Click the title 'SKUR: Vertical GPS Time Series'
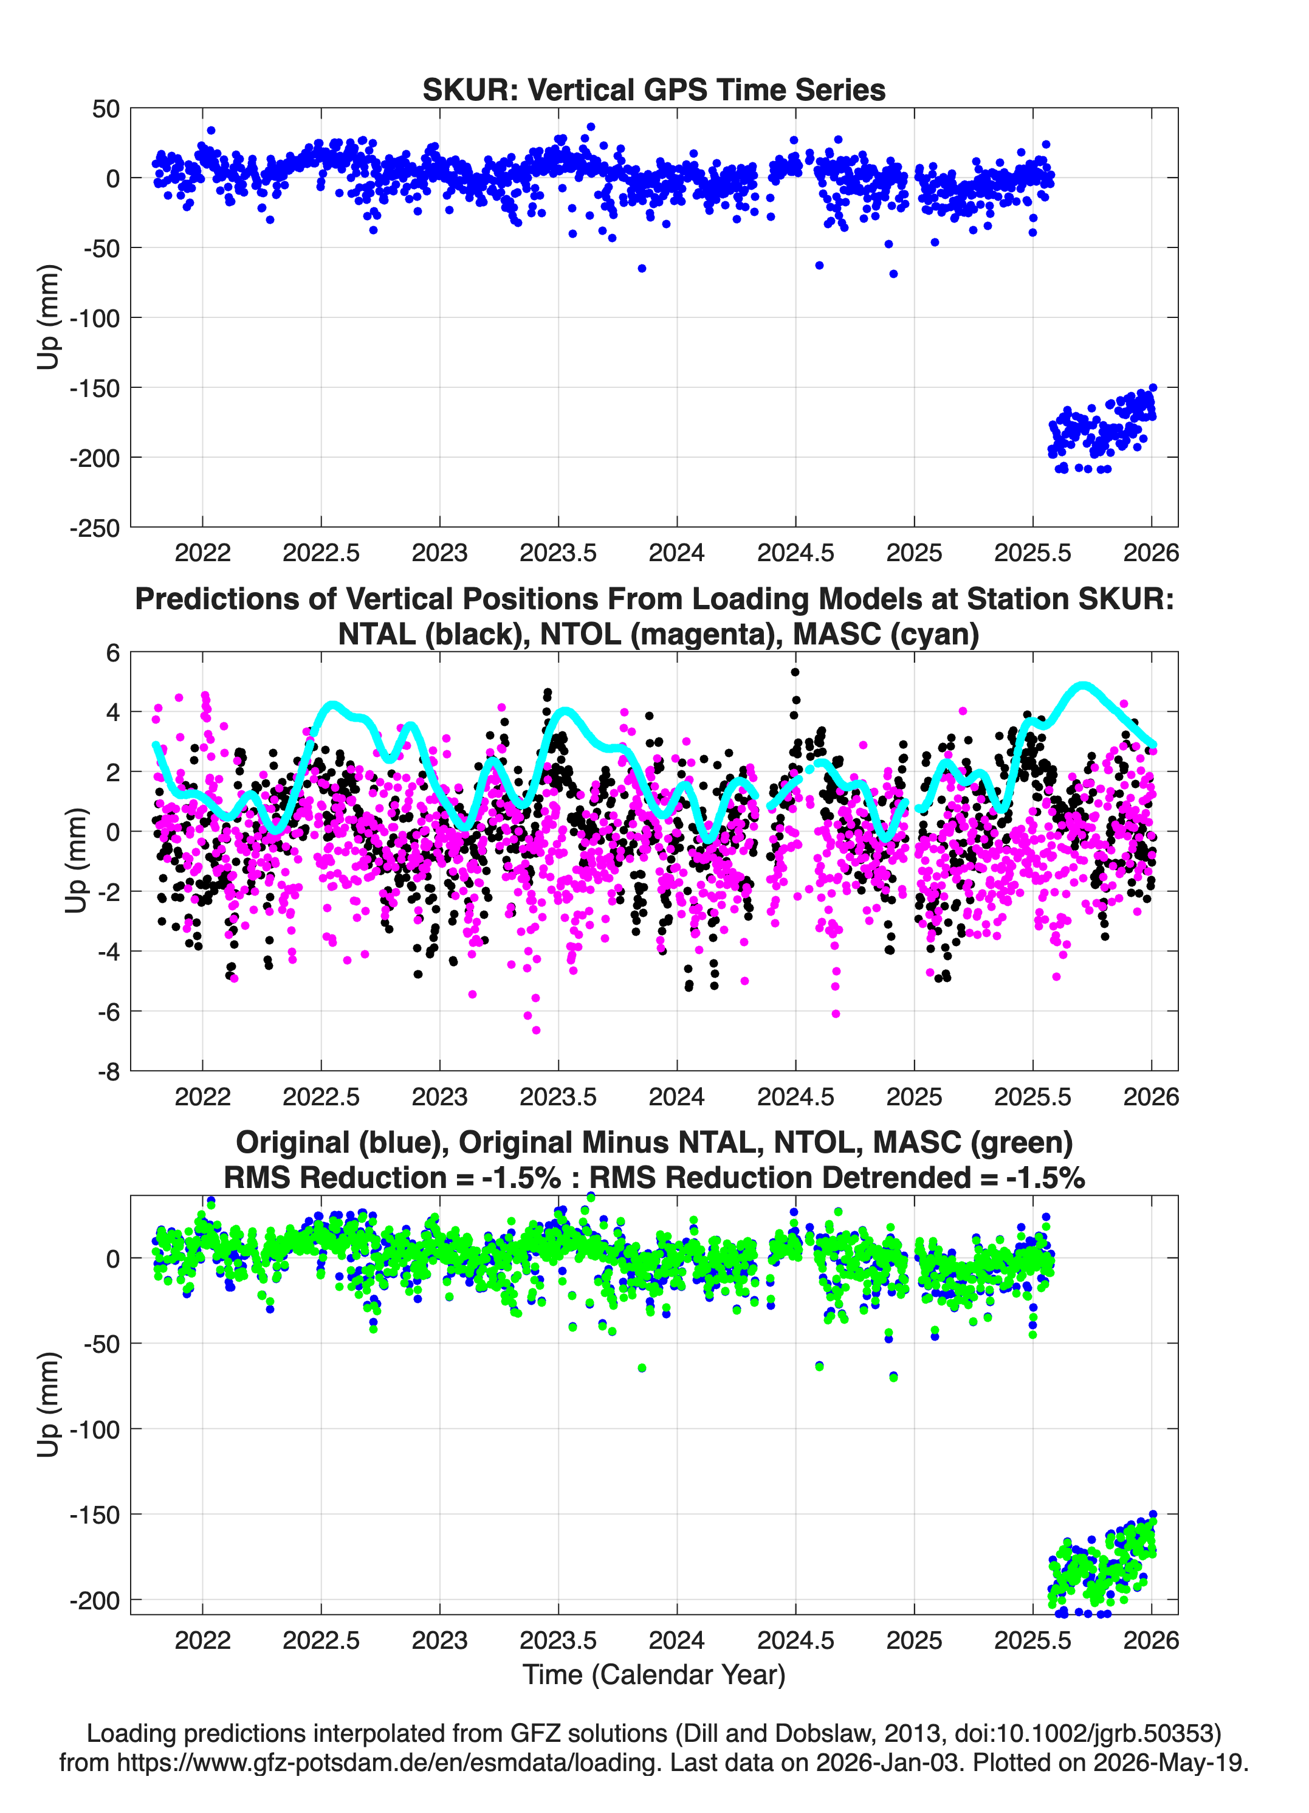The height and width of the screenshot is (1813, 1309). pyautogui.click(x=654, y=89)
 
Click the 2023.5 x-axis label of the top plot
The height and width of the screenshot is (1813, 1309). pyautogui.click(x=558, y=553)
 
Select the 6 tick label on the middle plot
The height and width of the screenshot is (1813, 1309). pyautogui.click(x=112, y=652)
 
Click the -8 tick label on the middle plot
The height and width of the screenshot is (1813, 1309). pyautogui.click(x=109, y=1071)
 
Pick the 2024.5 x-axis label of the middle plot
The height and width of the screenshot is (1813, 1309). pyautogui.click(x=795, y=1096)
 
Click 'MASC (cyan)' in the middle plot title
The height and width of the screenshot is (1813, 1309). pyautogui.click(x=885, y=634)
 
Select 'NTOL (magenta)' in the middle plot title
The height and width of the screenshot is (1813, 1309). pyautogui.click(x=656, y=634)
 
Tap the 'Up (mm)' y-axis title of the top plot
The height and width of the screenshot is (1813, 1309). pyautogui.click(x=48, y=317)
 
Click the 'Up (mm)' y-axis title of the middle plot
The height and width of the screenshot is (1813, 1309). pyautogui.click(x=75, y=860)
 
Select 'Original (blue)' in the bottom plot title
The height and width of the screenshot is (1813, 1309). pyautogui.click(x=342, y=1142)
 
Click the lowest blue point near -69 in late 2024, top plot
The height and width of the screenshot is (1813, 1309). pyautogui.click(x=893, y=274)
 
